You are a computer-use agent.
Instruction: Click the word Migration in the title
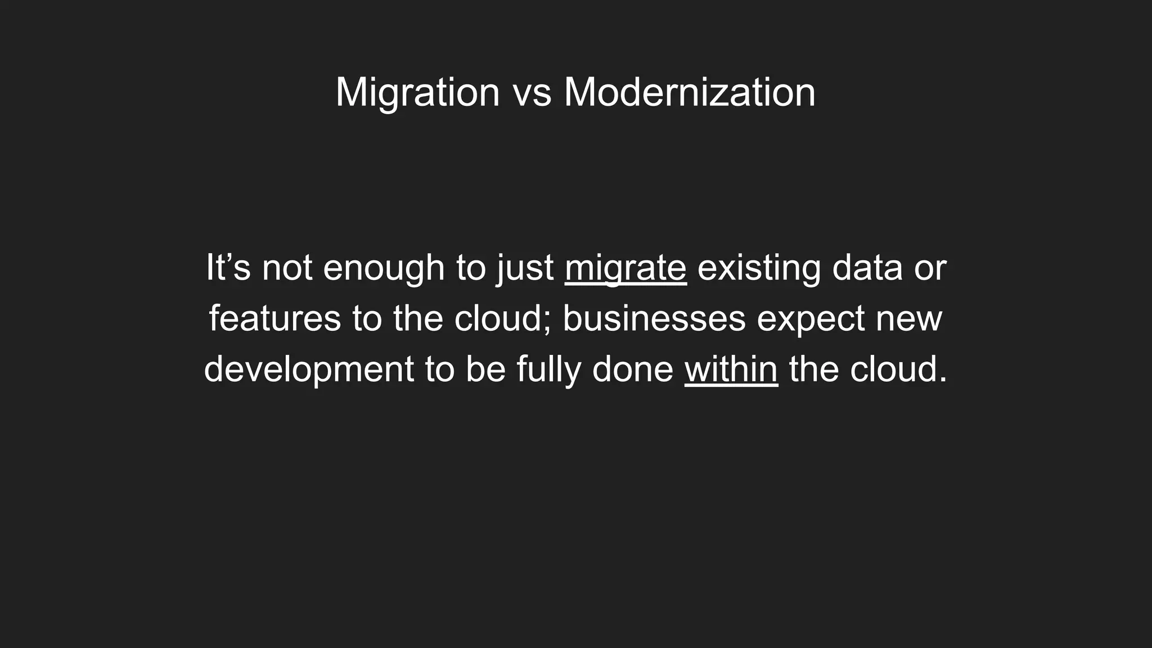(417, 92)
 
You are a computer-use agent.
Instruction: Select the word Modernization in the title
(689, 92)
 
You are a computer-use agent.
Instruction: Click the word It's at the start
(228, 267)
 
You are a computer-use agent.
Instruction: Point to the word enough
(384, 268)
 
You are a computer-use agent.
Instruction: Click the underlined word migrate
(625, 268)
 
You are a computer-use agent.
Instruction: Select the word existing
(759, 268)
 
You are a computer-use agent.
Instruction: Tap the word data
(867, 267)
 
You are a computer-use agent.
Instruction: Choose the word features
(275, 318)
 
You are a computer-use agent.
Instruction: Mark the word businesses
(654, 318)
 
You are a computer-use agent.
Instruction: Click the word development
(309, 370)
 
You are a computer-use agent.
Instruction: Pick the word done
(633, 369)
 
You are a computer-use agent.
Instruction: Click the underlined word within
(731, 369)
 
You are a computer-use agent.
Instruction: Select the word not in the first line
(287, 268)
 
